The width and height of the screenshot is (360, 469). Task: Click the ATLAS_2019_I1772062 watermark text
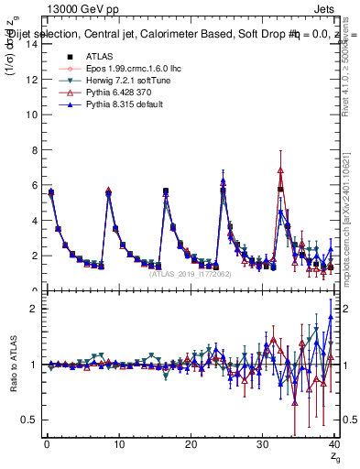coord(190,273)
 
